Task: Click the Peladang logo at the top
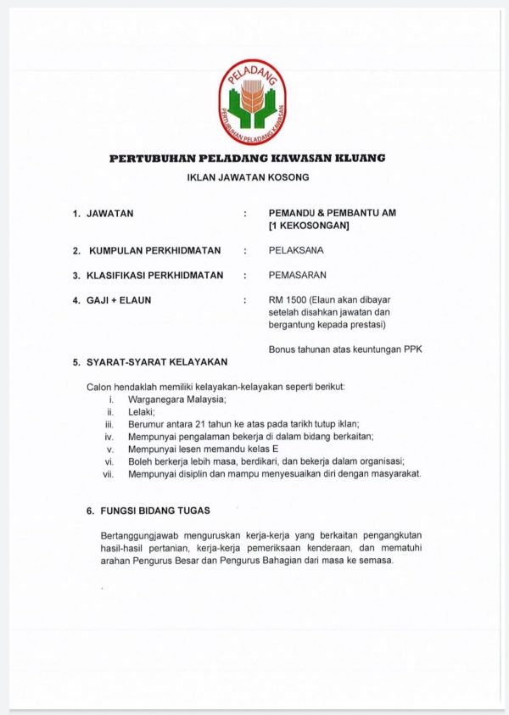pyautogui.click(x=253, y=100)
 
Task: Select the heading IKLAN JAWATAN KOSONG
pyautogui.click(x=248, y=178)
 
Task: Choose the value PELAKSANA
pyautogui.click(x=295, y=250)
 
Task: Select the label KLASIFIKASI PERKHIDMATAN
pyautogui.click(x=154, y=275)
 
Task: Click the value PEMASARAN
pyautogui.click(x=297, y=275)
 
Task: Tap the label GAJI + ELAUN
pyautogui.click(x=118, y=299)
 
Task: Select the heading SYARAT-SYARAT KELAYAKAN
pyautogui.click(x=156, y=362)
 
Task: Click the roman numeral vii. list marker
pyautogui.click(x=108, y=473)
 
